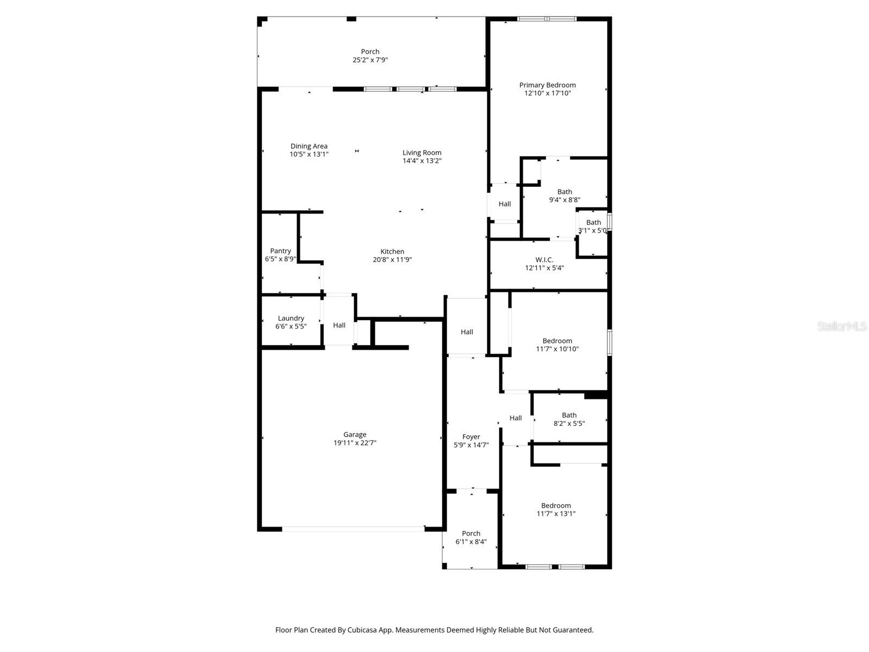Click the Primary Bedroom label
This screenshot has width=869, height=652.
point(547,85)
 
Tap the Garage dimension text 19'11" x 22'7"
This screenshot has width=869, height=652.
point(355,443)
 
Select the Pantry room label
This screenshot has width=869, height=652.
point(280,251)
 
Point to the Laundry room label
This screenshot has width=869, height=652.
point(291,318)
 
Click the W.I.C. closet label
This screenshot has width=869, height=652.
point(544,260)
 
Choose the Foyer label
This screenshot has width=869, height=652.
point(471,437)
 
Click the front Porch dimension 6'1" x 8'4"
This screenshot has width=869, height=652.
point(471,542)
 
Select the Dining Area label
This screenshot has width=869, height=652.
point(308,146)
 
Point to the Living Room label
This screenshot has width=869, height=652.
point(421,153)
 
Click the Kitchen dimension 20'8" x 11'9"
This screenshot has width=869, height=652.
point(392,260)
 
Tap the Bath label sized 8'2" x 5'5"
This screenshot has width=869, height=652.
point(569,415)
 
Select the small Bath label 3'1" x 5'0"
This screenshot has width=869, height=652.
point(593,222)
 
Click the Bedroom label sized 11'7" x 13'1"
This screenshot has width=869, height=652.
point(556,505)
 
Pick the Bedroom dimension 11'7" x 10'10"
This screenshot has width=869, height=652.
point(557,349)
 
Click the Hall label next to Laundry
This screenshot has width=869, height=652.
point(339,325)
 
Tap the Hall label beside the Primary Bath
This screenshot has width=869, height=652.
point(505,204)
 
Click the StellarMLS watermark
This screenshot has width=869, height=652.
point(842,327)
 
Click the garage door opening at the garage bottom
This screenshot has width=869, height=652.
point(353,528)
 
